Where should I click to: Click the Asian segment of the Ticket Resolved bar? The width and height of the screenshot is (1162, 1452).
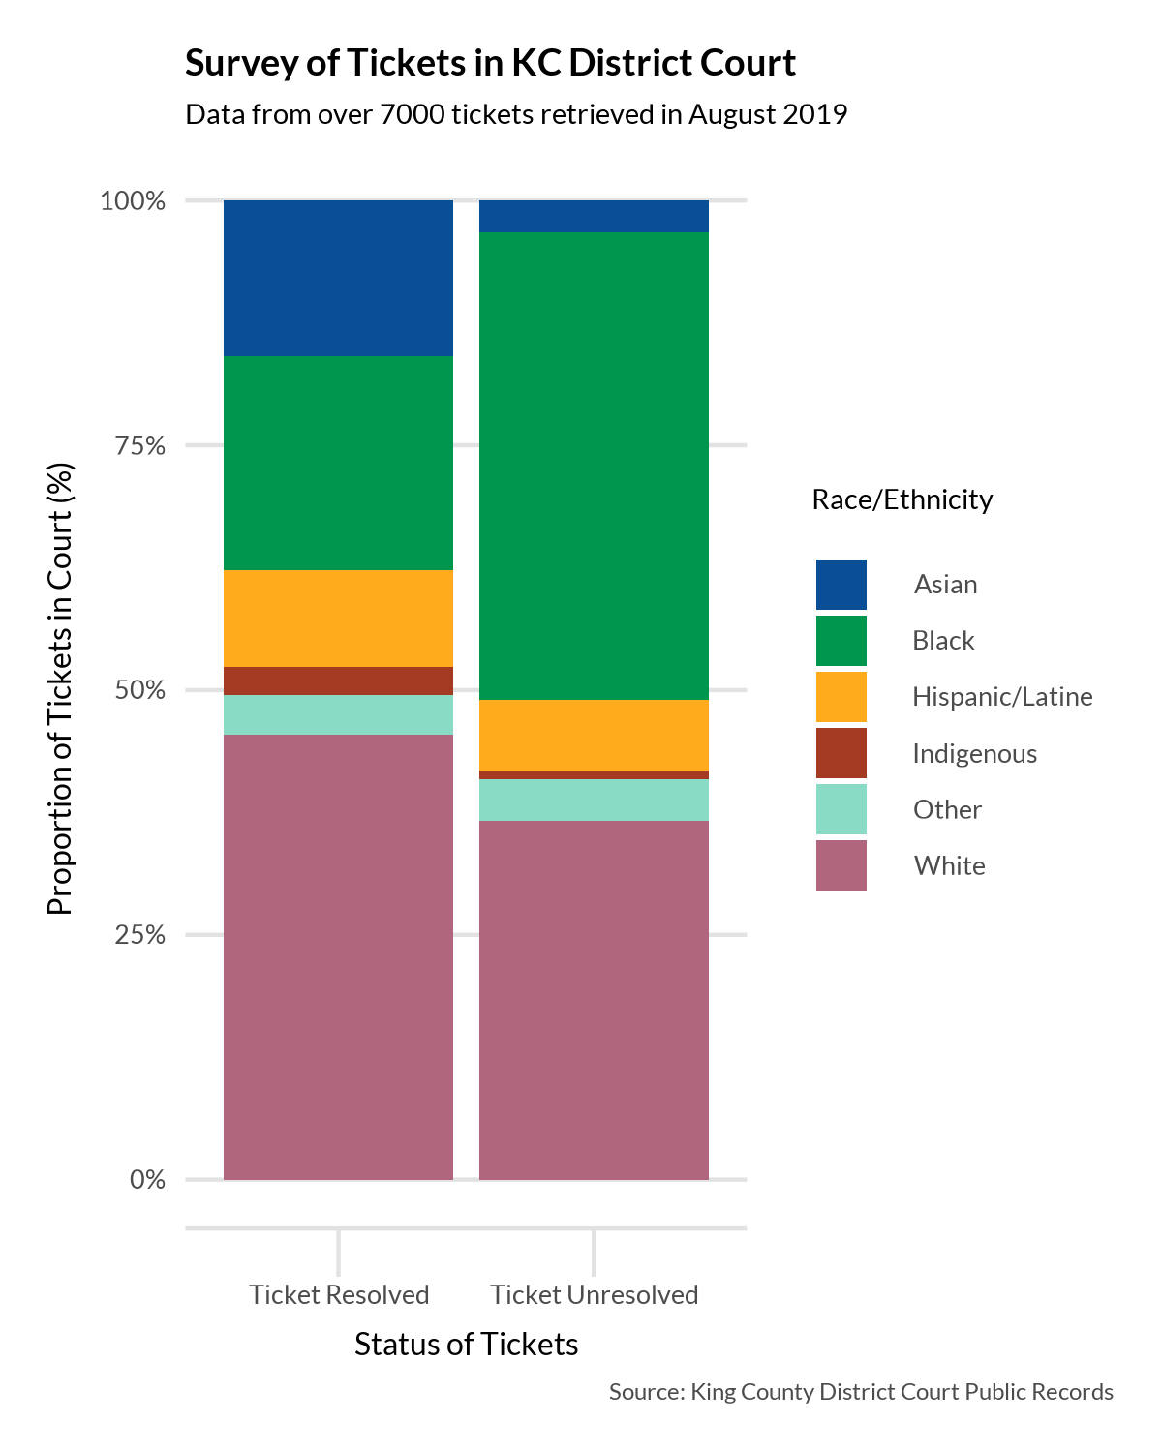point(338,278)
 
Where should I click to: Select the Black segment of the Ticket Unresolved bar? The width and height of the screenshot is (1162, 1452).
point(594,466)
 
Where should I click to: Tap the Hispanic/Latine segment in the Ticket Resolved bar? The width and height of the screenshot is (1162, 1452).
point(338,619)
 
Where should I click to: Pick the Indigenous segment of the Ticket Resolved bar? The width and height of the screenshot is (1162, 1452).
point(338,681)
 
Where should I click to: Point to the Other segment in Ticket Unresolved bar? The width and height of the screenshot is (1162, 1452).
point(594,800)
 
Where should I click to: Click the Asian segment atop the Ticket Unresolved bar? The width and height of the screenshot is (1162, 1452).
point(594,216)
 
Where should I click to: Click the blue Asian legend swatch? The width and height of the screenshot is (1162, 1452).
point(841,585)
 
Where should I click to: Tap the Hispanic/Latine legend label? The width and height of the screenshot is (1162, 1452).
point(1002,697)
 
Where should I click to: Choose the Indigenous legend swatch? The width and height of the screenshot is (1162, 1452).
point(841,753)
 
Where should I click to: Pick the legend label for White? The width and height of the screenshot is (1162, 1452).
point(949,865)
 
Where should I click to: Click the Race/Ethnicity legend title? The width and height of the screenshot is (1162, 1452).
point(902,499)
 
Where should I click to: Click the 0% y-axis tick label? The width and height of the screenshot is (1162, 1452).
point(147,1179)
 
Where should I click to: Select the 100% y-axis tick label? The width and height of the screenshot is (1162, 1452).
point(134,200)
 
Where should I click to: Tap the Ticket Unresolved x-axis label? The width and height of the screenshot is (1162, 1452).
point(594,1294)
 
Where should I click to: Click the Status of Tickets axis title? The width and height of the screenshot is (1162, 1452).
point(466,1344)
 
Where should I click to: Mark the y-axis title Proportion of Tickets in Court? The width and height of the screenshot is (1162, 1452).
point(60,689)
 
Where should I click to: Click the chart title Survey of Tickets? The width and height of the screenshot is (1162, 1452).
point(490,63)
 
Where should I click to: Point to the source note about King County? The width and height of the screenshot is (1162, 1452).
point(861,1392)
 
